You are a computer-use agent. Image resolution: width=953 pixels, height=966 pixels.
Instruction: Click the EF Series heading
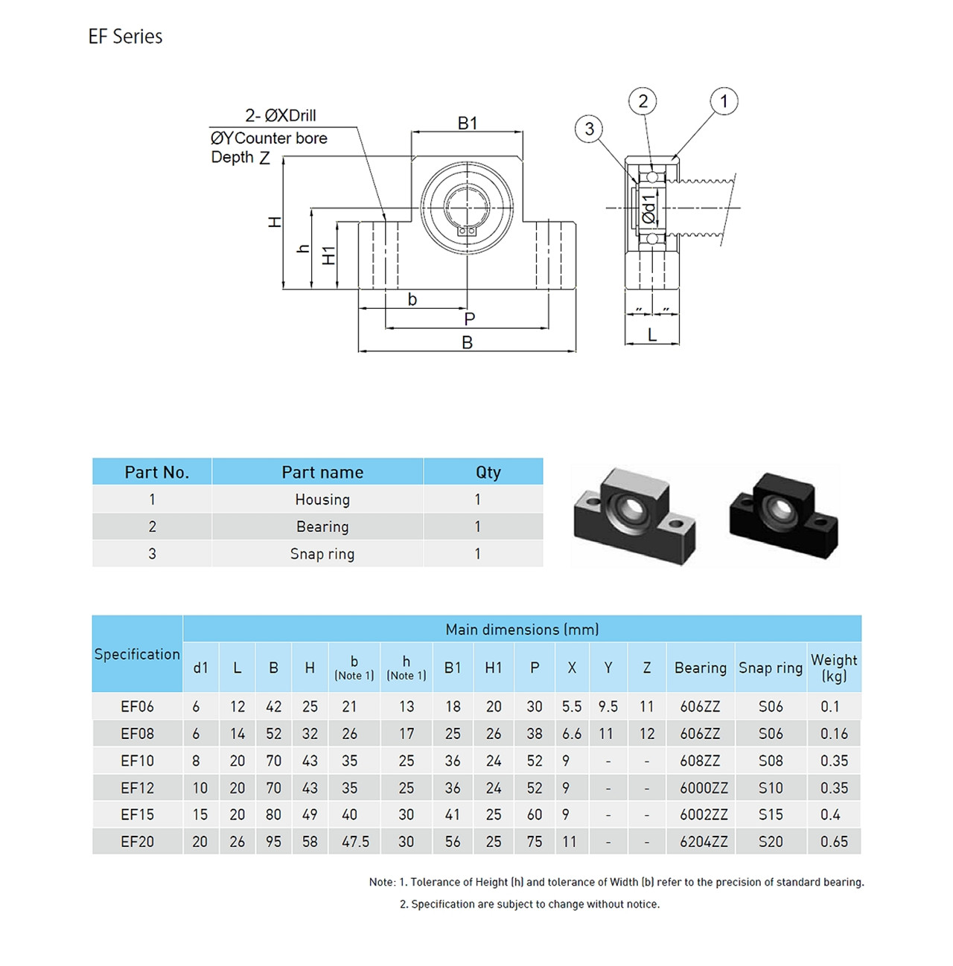pos(125,36)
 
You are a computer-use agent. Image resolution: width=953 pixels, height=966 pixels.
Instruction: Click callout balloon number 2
pos(643,101)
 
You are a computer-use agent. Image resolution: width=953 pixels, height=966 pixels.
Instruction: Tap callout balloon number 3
pos(589,129)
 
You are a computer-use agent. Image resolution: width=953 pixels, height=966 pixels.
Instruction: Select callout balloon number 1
pos(724,101)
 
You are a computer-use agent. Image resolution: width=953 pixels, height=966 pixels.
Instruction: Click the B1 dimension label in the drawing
pos(468,123)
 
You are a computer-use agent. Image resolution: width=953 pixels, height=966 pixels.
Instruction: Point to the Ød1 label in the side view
pos(649,209)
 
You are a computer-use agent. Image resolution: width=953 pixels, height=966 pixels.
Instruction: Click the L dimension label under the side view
pos(652,335)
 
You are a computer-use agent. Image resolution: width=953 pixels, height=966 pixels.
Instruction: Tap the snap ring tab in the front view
pos(467,231)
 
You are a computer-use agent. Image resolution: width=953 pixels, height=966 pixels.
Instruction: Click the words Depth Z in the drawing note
pos(240,158)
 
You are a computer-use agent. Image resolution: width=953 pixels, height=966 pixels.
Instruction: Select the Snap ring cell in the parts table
pos(322,554)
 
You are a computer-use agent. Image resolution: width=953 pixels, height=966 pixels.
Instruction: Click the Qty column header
pos(488,472)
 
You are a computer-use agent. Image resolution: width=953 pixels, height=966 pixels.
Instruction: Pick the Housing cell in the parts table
pos(322,499)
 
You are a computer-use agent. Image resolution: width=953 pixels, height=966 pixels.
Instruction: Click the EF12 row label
pos(137,788)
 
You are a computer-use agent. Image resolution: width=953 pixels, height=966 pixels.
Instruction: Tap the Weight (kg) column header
pos(834,667)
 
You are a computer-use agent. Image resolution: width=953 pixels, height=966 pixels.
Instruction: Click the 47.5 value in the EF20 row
pos(355,842)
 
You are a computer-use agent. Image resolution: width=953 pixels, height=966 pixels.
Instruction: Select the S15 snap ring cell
pos(771,815)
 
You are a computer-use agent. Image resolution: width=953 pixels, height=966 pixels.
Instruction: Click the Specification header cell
pos(137,654)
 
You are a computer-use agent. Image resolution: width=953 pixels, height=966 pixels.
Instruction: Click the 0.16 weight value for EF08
pos(834,734)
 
